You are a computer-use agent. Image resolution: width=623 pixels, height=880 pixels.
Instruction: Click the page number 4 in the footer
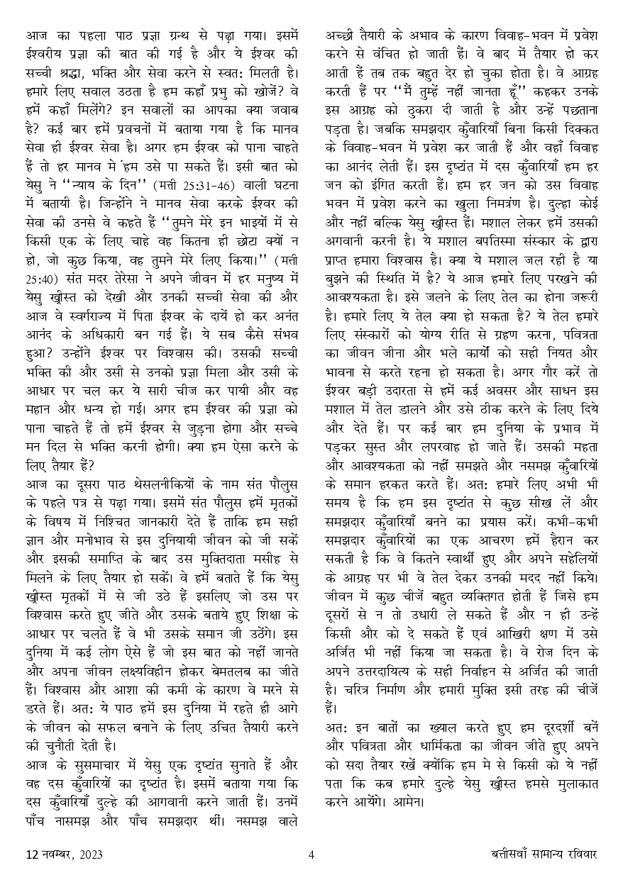pyautogui.click(x=311, y=854)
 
